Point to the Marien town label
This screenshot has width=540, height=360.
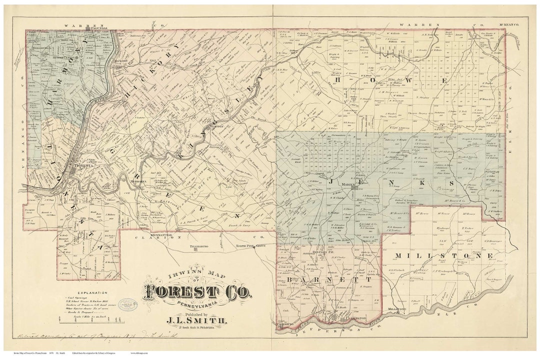pyautogui.click(x=348, y=184)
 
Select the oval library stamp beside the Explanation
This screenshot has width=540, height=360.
pyautogui.click(x=128, y=304)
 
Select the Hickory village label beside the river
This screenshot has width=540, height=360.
pyautogui.click(x=121, y=61)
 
